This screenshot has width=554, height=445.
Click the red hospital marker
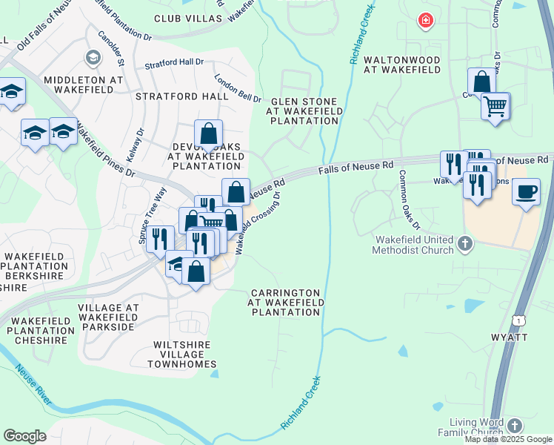coord(425,21)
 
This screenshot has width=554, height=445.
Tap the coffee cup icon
coord(526,191)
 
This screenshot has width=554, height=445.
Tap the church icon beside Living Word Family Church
coord(515,425)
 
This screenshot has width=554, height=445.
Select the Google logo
coord(24,435)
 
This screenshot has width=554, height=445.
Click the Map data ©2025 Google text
coord(508,439)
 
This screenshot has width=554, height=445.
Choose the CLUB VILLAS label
coord(187,18)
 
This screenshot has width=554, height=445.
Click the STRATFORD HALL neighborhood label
coord(181,96)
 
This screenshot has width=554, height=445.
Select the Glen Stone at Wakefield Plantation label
coord(304,111)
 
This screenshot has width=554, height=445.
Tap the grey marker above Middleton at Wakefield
coord(93,57)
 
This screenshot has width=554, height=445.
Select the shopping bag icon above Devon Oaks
coord(209,134)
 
